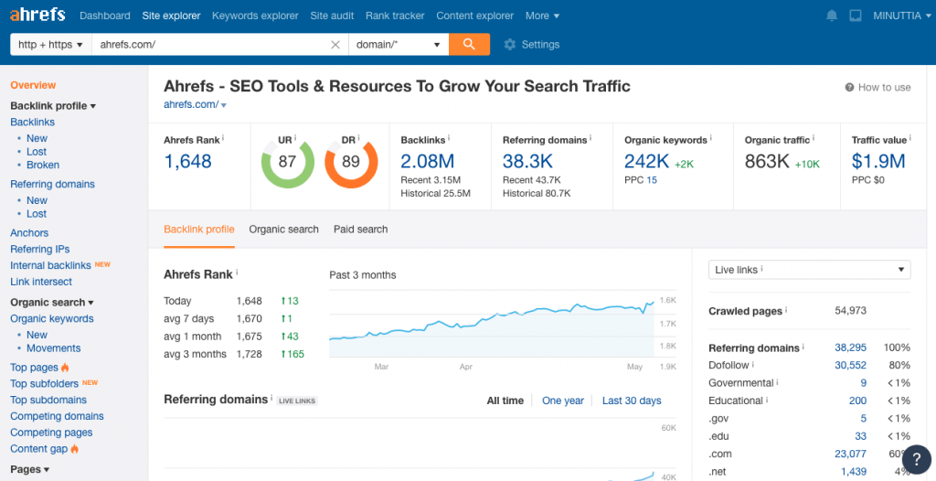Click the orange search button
pos(469,44)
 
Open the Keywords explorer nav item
pos(255,16)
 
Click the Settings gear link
pos(531,44)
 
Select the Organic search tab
pos(283,230)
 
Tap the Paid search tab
pos(360,230)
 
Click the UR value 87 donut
pos(287,162)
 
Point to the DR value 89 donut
pos(350,162)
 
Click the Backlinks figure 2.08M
pos(428,162)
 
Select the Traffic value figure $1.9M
pos(878,162)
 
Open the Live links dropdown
pos(810,270)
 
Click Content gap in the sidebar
pos(38,449)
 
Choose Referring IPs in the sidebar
pos(39,249)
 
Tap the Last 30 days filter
pos(632,401)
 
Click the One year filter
pos(563,401)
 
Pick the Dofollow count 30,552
pos(850,365)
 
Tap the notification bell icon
pos(832,16)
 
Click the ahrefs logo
pos(37,16)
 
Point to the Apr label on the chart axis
pos(465,367)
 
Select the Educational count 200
pos(857,401)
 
